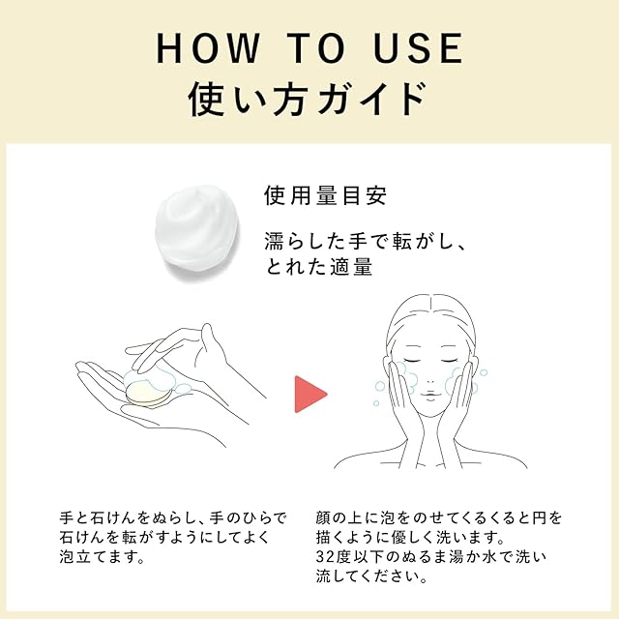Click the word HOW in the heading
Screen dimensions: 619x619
click(x=209, y=48)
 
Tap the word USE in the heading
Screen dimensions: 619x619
click(x=418, y=48)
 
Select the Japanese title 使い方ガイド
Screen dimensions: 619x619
click(x=309, y=99)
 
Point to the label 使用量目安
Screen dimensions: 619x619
click(x=325, y=195)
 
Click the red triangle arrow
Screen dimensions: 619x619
click(x=310, y=394)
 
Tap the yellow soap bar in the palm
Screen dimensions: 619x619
click(x=147, y=394)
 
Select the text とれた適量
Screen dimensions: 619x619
click(x=319, y=267)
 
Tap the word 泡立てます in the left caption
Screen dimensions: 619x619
click(x=103, y=557)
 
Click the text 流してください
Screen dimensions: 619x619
click(x=371, y=576)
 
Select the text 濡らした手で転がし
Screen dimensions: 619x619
click(x=359, y=241)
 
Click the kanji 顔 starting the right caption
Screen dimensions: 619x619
click(x=323, y=518)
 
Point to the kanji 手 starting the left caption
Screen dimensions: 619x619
click(x=67, y=518)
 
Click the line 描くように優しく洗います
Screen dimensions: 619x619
click(x=410, y=538)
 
